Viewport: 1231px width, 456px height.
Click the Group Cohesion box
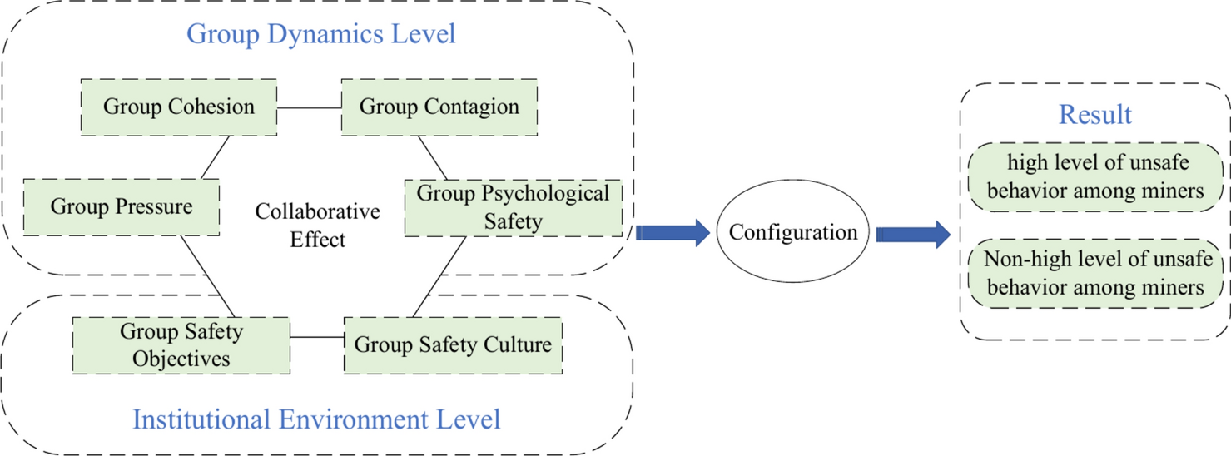tap(179, 107)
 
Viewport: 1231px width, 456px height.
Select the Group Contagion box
tap(439, 107)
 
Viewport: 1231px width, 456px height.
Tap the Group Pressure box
tap(122, 206)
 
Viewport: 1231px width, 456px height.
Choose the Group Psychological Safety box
tap(513, 207)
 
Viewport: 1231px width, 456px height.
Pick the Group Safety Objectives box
tap(181, 344)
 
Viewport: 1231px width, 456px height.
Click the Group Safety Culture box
tap(453, 344)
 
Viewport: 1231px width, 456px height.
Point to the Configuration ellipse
tap(792, 232)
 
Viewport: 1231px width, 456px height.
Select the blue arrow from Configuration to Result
tap(912, 234)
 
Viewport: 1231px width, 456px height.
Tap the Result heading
tap(1095, 115)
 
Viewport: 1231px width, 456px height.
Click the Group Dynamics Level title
tap(321, 34)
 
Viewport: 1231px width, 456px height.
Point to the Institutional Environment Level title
tap(316, 419)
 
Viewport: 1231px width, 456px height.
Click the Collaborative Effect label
tap(317, 226)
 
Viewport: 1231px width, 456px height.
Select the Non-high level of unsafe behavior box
tap(1094, 273)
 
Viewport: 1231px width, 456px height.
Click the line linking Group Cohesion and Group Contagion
tap(310, 107)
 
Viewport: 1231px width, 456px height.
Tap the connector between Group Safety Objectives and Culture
tap(317, 337)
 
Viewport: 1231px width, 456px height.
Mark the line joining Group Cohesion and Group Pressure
tap(216, 156)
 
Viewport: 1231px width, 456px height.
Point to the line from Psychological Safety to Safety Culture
tap(439, 276)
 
